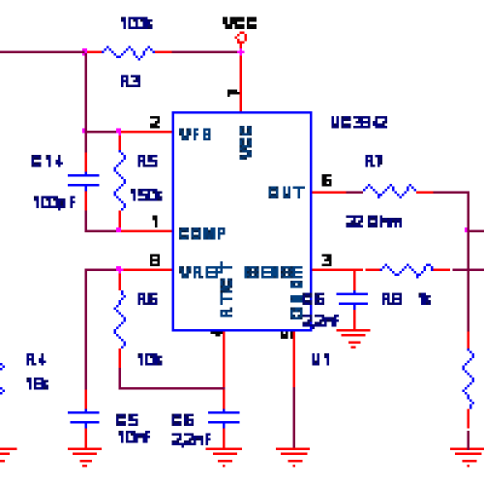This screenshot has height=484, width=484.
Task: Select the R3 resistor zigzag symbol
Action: tap(128, 51)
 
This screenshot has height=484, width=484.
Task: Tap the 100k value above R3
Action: tap(136, 21)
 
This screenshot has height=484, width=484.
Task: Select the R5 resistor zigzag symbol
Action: tap(119, 180)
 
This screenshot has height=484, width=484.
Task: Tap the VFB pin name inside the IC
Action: tap(196, 134)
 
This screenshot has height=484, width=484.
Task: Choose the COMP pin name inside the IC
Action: tap(202, 233)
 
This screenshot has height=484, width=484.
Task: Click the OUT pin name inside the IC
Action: tap(287, 192)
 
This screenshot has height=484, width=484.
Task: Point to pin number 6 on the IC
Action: tap(326, 179)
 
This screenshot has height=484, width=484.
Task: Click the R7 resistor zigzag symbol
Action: tap(389, 191)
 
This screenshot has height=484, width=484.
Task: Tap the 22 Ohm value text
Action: tap(374, 221)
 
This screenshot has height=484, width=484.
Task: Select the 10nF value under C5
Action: tap(133, 438)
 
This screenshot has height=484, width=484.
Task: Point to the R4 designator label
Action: tap(36, 360)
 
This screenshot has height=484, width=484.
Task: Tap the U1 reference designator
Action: tap(320, 360)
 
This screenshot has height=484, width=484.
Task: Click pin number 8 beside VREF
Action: tap(155, 259)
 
